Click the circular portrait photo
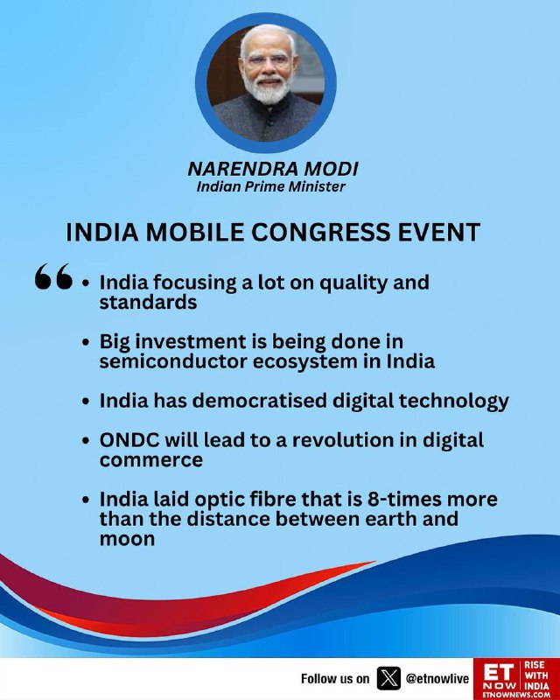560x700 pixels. click(266, 82)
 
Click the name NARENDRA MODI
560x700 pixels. click(273, 169)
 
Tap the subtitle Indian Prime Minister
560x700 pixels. click(271, 186)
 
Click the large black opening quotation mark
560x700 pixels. click(53, 276)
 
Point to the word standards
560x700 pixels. click(148, 302)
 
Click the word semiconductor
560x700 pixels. click(173, 361)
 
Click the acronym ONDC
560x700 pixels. click(129, 440)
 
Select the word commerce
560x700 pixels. click(151, 460)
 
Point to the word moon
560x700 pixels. click(127, 539)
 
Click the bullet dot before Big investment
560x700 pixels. click(87, 342)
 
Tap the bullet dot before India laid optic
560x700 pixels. click(87, 500)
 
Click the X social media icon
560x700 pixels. click(388, 679)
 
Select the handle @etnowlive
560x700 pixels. click(437, 679)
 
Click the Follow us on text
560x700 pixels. click(335, 679)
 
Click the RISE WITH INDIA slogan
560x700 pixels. click(536, 675)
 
